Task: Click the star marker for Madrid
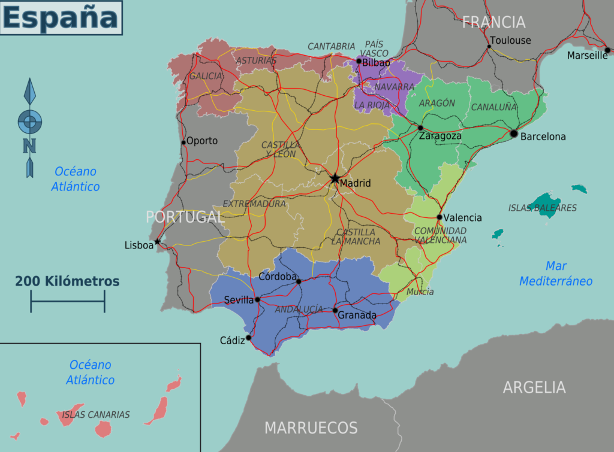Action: [335, 178]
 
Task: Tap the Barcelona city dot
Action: [514, 134]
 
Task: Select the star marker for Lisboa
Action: [157, 242]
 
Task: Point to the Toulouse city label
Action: [510, 41]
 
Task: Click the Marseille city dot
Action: [607, 50]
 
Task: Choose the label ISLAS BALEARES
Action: [542, 208]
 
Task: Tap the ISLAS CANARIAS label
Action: [95, 414]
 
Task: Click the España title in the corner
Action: [60, 17]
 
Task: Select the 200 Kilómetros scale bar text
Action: [67, 281]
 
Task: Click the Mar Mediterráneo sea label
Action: [556, 274]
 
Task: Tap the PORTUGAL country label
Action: [185, 217]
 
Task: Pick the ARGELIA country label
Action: [534, 387]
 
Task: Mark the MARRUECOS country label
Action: [311, 428]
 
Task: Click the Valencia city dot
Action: [439, 217]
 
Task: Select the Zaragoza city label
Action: [440, 136]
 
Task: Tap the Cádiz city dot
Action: [248, 338]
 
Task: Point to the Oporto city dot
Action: [183, 142]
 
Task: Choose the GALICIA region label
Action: [206, 76]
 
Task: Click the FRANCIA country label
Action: [493, 22]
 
